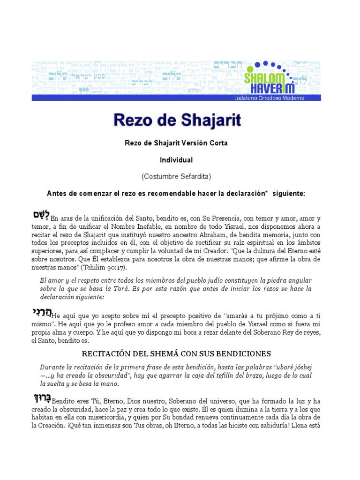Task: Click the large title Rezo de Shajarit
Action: point(177,120)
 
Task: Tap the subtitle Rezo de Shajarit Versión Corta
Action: point(176,143)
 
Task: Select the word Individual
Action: point(176,160)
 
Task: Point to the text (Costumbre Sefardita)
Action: point(176,176)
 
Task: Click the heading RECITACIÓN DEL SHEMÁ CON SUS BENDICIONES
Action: point(177,353)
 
